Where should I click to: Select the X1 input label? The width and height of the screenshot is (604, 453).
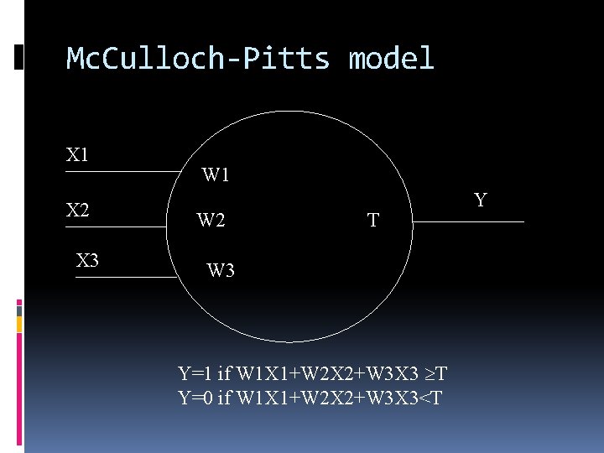(78, 155)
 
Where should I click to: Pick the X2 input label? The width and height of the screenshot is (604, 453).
(78, 210)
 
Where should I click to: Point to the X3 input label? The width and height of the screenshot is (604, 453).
(87, 260)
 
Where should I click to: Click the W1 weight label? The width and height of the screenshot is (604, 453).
(216, 175)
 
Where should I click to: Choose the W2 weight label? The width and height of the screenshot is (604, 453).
(211, 221)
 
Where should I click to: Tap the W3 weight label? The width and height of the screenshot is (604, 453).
(221, 271)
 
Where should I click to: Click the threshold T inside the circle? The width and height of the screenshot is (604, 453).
(373, 221)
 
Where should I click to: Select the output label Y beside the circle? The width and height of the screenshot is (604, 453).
(480, 200)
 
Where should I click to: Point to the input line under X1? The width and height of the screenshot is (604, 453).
(122, 172)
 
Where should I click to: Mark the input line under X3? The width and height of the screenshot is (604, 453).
(126, 277)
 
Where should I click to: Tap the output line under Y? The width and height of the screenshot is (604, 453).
(471, 221)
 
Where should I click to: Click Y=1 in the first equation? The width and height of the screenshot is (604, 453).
(195, 373)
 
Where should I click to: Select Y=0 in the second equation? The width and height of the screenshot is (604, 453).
(196, 396)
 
